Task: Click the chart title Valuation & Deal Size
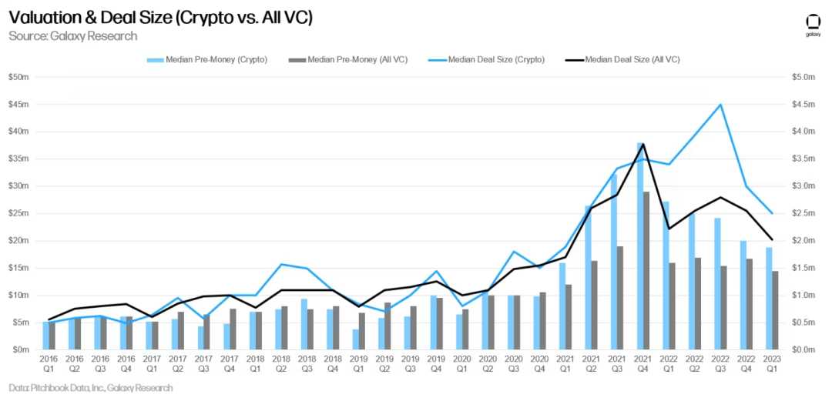click(x=161, y=18)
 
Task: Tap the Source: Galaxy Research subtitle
click(x=72, y=36)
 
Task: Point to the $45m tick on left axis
click(x=19, y=105)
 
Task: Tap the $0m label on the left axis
click(x=21, y=350)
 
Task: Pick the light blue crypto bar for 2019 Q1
click(x=355, y=339)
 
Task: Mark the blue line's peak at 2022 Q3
click(x=720, y=105)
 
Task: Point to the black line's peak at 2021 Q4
click(x=642, y=144)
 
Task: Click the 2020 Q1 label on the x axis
click(x=462, y=363)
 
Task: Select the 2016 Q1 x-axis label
click(x=49, y=363)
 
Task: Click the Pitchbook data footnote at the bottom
click(x=90, y=388)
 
